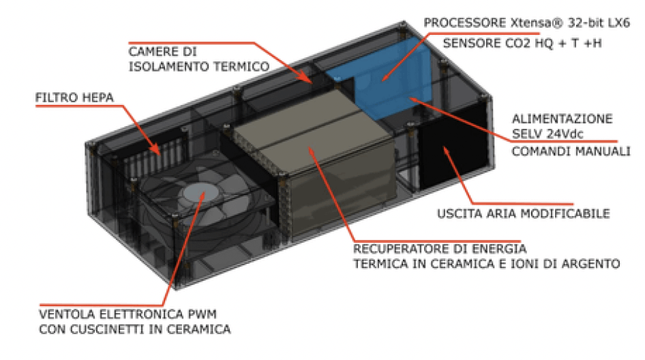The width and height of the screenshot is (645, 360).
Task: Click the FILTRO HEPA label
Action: point(74,97)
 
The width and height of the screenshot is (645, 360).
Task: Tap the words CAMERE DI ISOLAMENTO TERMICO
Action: point(199,59)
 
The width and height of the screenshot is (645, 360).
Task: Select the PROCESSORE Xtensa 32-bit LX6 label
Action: point(526,22)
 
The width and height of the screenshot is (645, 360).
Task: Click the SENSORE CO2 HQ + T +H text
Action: point(522,43)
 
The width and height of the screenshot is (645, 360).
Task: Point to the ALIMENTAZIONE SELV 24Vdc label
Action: point(562,126)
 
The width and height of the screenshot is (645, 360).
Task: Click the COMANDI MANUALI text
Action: point(571,151)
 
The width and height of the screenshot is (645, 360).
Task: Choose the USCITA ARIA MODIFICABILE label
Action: point(523,213)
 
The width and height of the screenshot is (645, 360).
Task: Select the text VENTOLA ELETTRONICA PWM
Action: point(127,314)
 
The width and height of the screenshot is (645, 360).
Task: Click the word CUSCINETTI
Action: point(106,329)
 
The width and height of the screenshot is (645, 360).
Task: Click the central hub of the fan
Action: point(201,192)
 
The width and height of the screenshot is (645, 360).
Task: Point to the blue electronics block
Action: point(381,78)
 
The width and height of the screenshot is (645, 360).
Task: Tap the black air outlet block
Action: point(453,146)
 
